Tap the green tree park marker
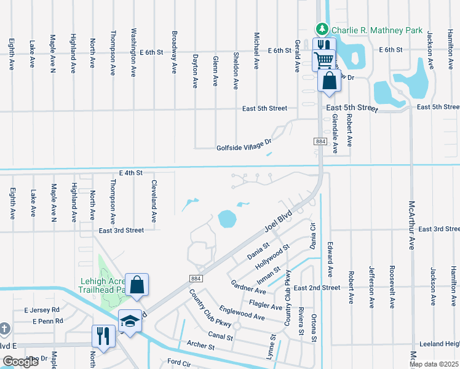321,29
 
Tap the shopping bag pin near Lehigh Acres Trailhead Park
137,285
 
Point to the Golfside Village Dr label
244,148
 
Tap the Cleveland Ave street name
154,200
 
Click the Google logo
20,362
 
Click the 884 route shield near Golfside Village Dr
320,141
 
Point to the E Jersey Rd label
42,310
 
